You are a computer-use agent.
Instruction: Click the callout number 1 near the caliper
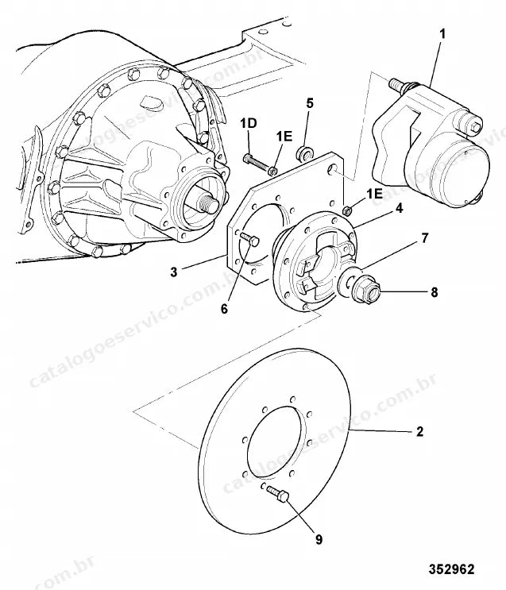(x=442, y=34)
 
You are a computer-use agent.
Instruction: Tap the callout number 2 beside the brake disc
(x=419, y=431)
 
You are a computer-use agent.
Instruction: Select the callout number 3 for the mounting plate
(x=173, y=272)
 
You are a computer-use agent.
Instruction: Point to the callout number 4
(x=399, y=208)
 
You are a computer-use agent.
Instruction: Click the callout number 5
(x=310, y=103)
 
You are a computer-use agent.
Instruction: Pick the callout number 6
(x=224, y=309)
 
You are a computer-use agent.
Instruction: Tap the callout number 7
(x=425, y=237)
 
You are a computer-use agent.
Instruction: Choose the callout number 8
(x=435, y=292)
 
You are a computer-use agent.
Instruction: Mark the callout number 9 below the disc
(x=319, y=540)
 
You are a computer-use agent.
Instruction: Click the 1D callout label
(x=249, y=123)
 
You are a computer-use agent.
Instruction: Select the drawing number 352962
(x=451, y=569)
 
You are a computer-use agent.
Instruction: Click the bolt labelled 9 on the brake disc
(x=278, y=493)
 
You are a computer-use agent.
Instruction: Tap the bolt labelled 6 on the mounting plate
(x=249, y=239)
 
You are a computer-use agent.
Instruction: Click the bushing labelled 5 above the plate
(x=305, y=152)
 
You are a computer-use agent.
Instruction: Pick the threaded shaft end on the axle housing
(x=210, y=202)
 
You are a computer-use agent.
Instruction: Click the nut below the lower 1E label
(x=347, y=210)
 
